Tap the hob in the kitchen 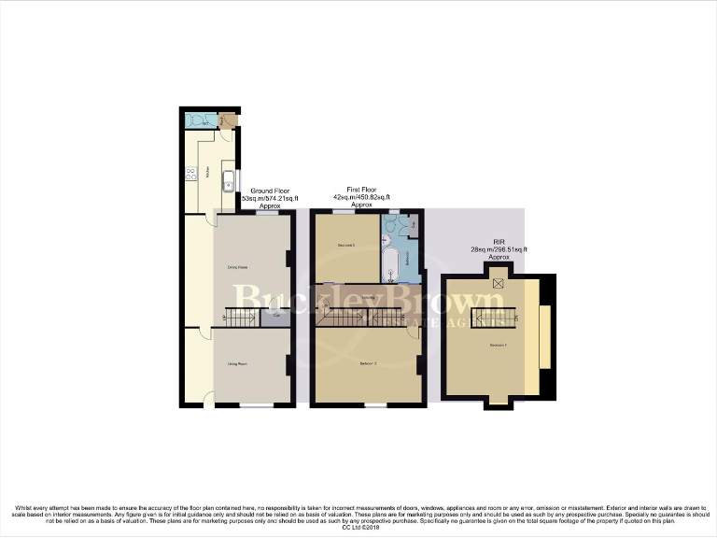(x=190, y=173)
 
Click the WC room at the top (x=199, y=120)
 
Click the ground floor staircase (x=241, y=319)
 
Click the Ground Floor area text (x=269, y=199)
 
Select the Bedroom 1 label (x=499, y=346)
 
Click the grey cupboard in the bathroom (x=415, y=225)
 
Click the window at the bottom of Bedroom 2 (x=375, y=405)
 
